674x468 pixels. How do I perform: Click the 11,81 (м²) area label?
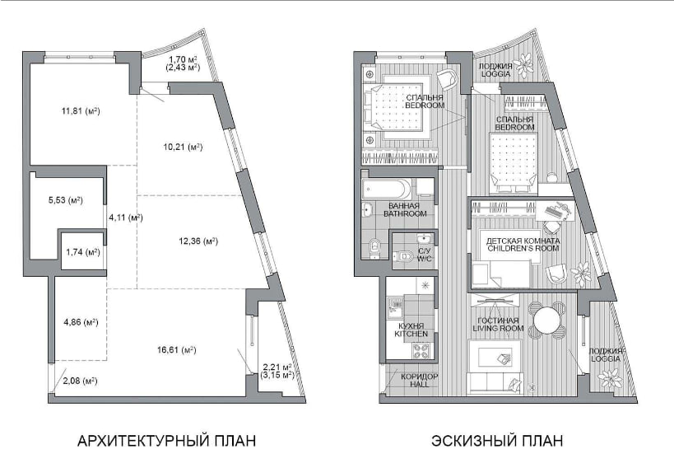pos(81,111)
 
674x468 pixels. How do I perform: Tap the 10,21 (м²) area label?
pos(184,147)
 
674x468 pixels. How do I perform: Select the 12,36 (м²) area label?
pos(198,241)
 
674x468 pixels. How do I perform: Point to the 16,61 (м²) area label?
pos(177,350)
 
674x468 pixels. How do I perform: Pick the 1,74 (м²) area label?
pos(83,252)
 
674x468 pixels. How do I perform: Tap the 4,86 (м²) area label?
pos(81,322)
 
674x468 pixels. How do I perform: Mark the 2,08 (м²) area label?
pos(80,381)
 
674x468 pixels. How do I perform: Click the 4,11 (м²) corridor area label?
pos(126,218)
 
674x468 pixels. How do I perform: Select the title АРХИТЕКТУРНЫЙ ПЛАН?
pos(166,441)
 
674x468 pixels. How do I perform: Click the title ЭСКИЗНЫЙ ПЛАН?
pos(497,441)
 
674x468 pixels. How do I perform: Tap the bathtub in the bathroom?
pos(387,189)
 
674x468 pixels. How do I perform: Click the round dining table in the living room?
pos(546,320)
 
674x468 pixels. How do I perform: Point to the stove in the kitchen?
pos(421,350)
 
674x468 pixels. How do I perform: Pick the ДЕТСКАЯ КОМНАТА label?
pos(523,241)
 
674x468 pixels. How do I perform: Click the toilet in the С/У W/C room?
pos(402,257)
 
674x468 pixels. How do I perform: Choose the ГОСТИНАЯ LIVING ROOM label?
pos(498,324)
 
